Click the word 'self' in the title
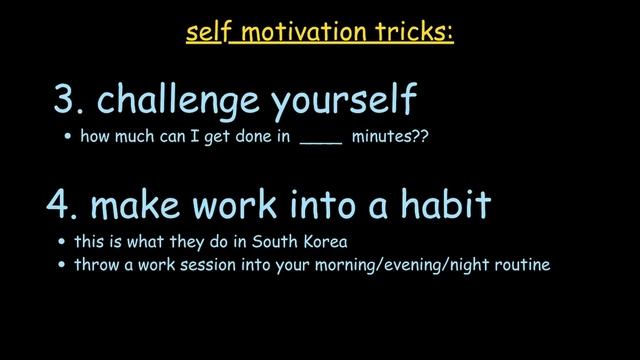pyautogui.click(x=205, y=33)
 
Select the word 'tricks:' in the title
pyautogui.click(x=419, y=33)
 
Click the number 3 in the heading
pyautogui.click(x=67, y=100)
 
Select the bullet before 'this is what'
pyautogui.click(x=62, y=243)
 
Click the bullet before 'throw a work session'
pyautogui.click(x=62, y=267)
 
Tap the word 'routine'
pyautogui.click(x=521, y=266)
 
